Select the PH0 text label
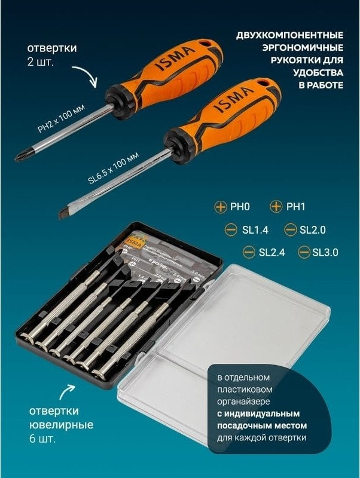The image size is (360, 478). point(239,207)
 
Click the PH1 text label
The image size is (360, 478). point(295,207)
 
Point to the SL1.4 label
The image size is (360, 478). point(243,229)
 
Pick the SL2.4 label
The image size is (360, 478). point(271,252)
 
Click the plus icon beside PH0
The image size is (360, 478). point(220,207)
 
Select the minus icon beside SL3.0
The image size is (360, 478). point(304,252)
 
